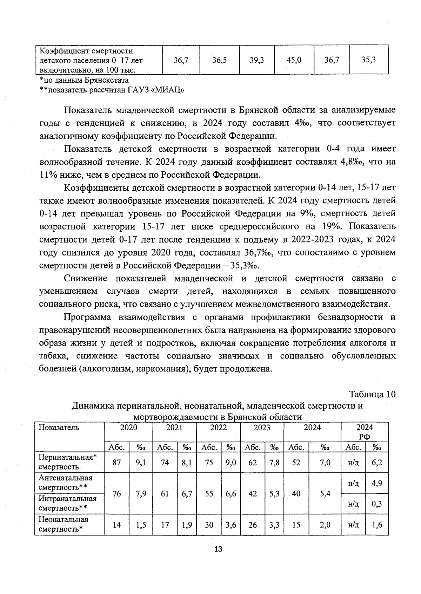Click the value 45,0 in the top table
tap(294, 60)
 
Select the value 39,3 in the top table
tap(257, 60)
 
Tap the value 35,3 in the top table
tap(369, 60)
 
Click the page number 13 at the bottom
tap(218, 549)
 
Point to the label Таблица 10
tap(372, 394)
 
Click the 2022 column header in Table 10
tap(218, 428)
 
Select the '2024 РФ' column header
tap(365, 432)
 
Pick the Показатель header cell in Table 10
tap(59, 428)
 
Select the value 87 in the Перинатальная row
tap(116, 463)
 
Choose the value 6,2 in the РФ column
tap(376, 463)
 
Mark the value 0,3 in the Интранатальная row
tap(376, 504)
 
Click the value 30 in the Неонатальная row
tap(209, 525)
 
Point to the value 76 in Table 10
tap(116, 494)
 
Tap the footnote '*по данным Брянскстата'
tap(84, 80)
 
